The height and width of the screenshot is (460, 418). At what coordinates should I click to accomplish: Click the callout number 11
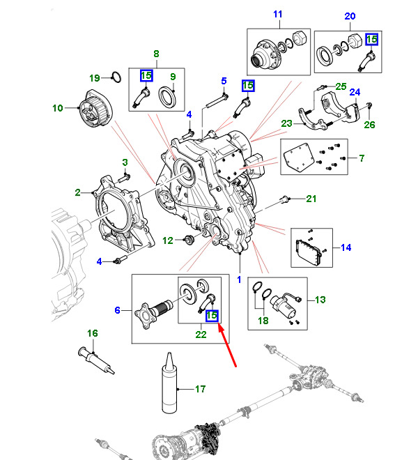click(278, 15)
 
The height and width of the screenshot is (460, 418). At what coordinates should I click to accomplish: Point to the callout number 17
click(201, 388)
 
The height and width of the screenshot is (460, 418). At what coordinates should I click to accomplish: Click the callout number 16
click(92, 333)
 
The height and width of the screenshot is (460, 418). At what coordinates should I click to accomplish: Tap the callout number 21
click(311, 199)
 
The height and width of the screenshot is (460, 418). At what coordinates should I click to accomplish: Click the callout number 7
click(361, 158)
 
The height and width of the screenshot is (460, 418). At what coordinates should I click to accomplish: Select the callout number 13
click(320, 300)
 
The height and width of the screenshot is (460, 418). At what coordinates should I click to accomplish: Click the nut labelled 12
click(187, 241)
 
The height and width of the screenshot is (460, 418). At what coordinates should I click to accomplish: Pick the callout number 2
click(79, 191)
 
